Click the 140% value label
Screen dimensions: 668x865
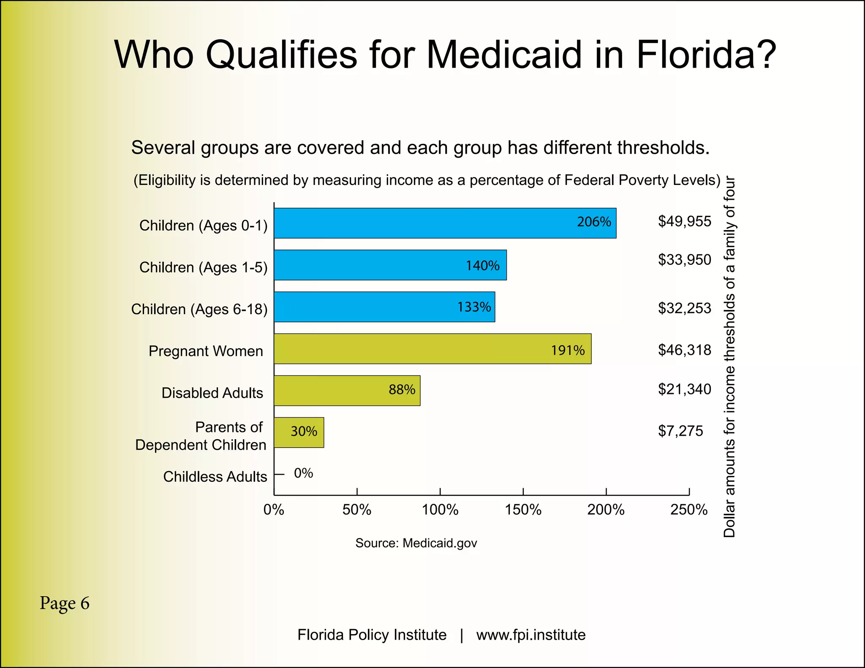pos(482,266)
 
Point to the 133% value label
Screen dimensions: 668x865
pos(474,307)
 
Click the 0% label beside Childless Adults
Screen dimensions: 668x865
pos(303,473)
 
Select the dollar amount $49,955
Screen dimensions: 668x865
pos(684,221)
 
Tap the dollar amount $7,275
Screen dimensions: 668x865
pos(680,431)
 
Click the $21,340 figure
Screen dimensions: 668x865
pos(684,389)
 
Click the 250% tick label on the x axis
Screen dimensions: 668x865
pos(688,510)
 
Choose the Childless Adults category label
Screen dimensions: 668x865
pos(215,477)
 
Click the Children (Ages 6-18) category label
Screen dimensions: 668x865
pos(199,309)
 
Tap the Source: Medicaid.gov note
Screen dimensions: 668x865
pos(416,543)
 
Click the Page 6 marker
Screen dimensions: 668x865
pos(64,603)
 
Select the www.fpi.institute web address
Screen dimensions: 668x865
pos(530,635)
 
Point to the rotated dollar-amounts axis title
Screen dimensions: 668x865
pos(729,357)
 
